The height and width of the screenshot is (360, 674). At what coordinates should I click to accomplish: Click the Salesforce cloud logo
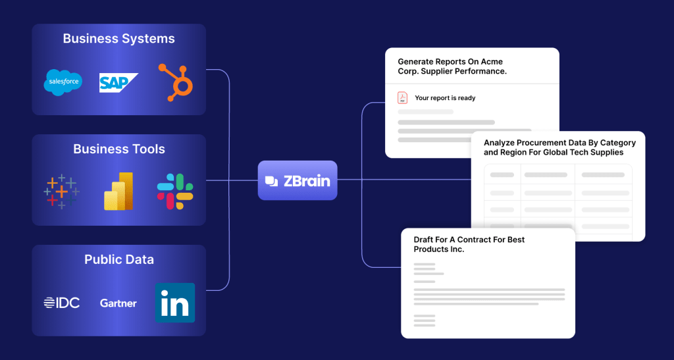coord(63,82)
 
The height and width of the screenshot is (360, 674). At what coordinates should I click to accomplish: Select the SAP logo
coord(118,82)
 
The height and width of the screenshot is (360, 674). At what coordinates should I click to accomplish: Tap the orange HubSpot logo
coord(175,82)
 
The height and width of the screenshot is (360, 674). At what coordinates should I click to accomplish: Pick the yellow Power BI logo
coord(118,192)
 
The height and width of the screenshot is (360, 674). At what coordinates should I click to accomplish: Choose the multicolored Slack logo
coord(175,192)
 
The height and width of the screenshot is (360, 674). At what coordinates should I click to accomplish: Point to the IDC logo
coord(62,303)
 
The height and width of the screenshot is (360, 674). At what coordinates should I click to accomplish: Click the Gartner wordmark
coord(118,303)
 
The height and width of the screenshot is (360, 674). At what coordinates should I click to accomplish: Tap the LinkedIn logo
coord(175,303)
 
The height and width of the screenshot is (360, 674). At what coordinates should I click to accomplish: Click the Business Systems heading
coord(119,38)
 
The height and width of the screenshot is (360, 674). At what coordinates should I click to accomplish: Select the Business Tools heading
coord(119,149)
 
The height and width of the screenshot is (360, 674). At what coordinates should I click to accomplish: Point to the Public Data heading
coord(119,259)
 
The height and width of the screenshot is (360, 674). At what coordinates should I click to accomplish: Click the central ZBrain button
coord(298,180)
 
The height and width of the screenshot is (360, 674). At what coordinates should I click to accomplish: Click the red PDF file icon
coord(402,98)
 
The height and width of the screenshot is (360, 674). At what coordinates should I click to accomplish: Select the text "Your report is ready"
coord(445,98)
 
